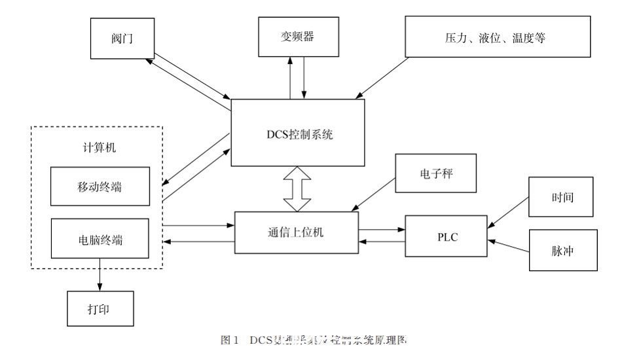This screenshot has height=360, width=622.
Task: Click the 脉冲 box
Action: [562, 251]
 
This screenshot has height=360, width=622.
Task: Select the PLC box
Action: [447, 237]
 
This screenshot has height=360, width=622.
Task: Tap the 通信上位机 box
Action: [296, 233]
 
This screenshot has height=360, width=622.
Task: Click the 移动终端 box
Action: [100, 187]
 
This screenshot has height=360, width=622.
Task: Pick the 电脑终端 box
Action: [100, 240]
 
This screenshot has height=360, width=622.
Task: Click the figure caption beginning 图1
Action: [314, 340]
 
